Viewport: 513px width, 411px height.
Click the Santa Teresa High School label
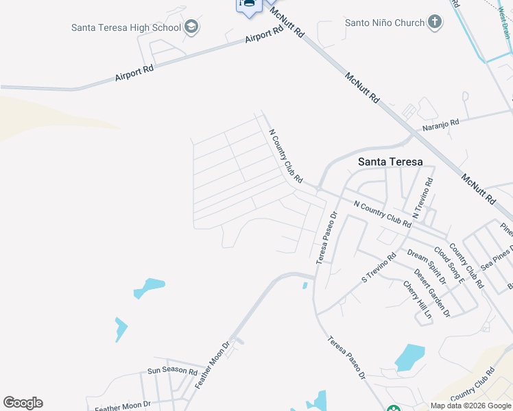coord(126,27)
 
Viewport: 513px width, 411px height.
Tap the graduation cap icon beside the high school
coord(191,27)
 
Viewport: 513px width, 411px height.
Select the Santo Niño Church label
coord(385,23)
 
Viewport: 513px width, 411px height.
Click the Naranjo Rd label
coord(440,122)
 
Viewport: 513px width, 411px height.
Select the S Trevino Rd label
coord(379,269)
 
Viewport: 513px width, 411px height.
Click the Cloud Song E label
coord(449,263)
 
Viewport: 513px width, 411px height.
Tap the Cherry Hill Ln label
coord(418,301)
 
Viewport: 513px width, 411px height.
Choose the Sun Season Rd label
coord(172,370)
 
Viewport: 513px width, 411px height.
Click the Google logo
coord(23,403)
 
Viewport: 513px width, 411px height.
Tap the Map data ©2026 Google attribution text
coord(471,406)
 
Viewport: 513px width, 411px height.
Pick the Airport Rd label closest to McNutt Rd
coord(265,34)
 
